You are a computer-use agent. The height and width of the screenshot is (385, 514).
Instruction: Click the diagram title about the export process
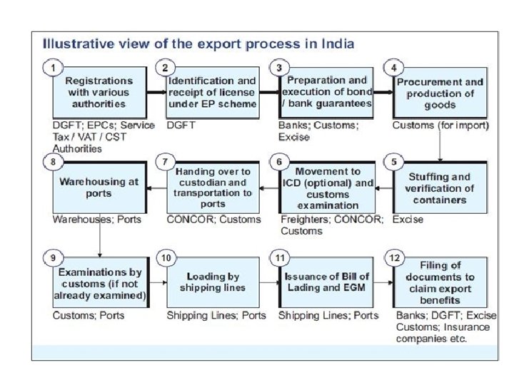(198, 44)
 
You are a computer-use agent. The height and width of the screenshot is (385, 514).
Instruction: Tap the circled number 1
(51, 68)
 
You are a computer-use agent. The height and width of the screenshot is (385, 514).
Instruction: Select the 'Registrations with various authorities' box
(99, 93)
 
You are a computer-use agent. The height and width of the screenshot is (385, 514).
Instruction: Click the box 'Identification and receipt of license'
(212, 93)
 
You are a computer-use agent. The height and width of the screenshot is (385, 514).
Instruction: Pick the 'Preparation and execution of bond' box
(327, 93)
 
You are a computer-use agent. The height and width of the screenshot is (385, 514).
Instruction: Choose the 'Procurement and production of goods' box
(440, 93)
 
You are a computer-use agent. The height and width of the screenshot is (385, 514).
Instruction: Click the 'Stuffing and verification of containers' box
(440, 188)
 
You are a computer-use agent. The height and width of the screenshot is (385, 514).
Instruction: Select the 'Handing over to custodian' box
(213, 188)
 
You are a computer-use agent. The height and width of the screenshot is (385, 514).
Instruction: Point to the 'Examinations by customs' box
(99, 284)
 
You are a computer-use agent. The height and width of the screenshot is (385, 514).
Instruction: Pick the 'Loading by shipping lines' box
(212, 282)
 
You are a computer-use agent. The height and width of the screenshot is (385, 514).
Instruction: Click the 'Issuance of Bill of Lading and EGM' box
(327, 283)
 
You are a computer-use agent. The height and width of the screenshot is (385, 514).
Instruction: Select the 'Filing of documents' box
(440, 283)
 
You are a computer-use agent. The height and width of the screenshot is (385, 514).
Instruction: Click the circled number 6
(279, 162)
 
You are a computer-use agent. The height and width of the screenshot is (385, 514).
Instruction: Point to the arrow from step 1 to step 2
(155, 93)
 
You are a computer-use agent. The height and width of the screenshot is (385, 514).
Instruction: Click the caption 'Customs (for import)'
(440, 125)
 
